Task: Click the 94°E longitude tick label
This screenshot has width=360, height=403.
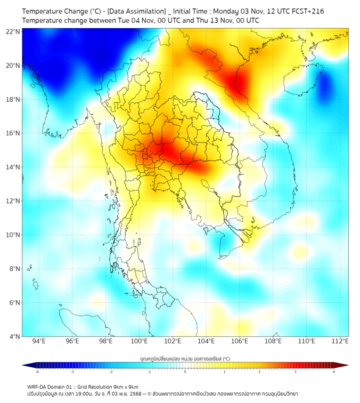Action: click(39, 341)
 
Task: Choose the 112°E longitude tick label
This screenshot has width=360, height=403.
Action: click(340, 341)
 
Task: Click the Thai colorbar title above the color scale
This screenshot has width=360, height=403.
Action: click(185, 359)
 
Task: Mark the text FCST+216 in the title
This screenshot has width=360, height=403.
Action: click(307, 11)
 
